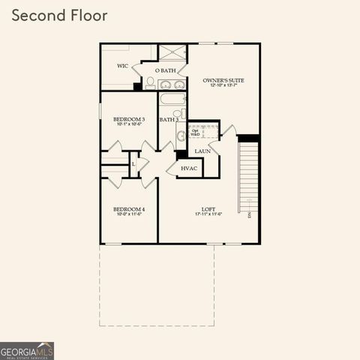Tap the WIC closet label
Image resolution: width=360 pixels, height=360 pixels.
pyautogui.click(x=123, y=65)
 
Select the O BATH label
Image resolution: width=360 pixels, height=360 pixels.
pyautogui.click(x=167, y=70)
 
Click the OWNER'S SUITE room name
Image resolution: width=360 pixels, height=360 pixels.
pyautogui.click(x=223, y=79)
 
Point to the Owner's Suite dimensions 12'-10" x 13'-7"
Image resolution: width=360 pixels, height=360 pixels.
pyautogui.click(x=223, y=85)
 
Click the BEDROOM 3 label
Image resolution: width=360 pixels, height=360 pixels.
pyautogui.click(x=129, y=119)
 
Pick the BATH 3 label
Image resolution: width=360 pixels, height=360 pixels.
pyautogui.click(x=168, y=119)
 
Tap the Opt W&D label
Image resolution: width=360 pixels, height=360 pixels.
pyautogui.click(x=195, y=133)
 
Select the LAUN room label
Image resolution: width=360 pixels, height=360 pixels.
pyautogui.click(x=202, y=151)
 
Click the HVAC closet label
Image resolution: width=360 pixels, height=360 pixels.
pyautogui.click(x=189, y=168)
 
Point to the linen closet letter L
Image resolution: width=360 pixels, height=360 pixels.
pyautogui.click(x=133, y=163)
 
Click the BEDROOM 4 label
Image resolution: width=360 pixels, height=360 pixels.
pyautogui.click(x=129, y=208)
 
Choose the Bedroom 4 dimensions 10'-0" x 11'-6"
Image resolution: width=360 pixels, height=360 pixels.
pyautogui.click(x=129, y=214)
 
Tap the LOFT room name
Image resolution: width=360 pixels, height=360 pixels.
pyautogui.click(x=208, y=208)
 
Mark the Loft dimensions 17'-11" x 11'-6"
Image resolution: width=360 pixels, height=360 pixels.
pyautogui.click(x=208, y=214)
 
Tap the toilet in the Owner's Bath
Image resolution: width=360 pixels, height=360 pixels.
pyautogui.click(x=150, y=81)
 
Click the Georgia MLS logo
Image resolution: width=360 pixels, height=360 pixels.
pyautogui.click(x=27, y=350)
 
